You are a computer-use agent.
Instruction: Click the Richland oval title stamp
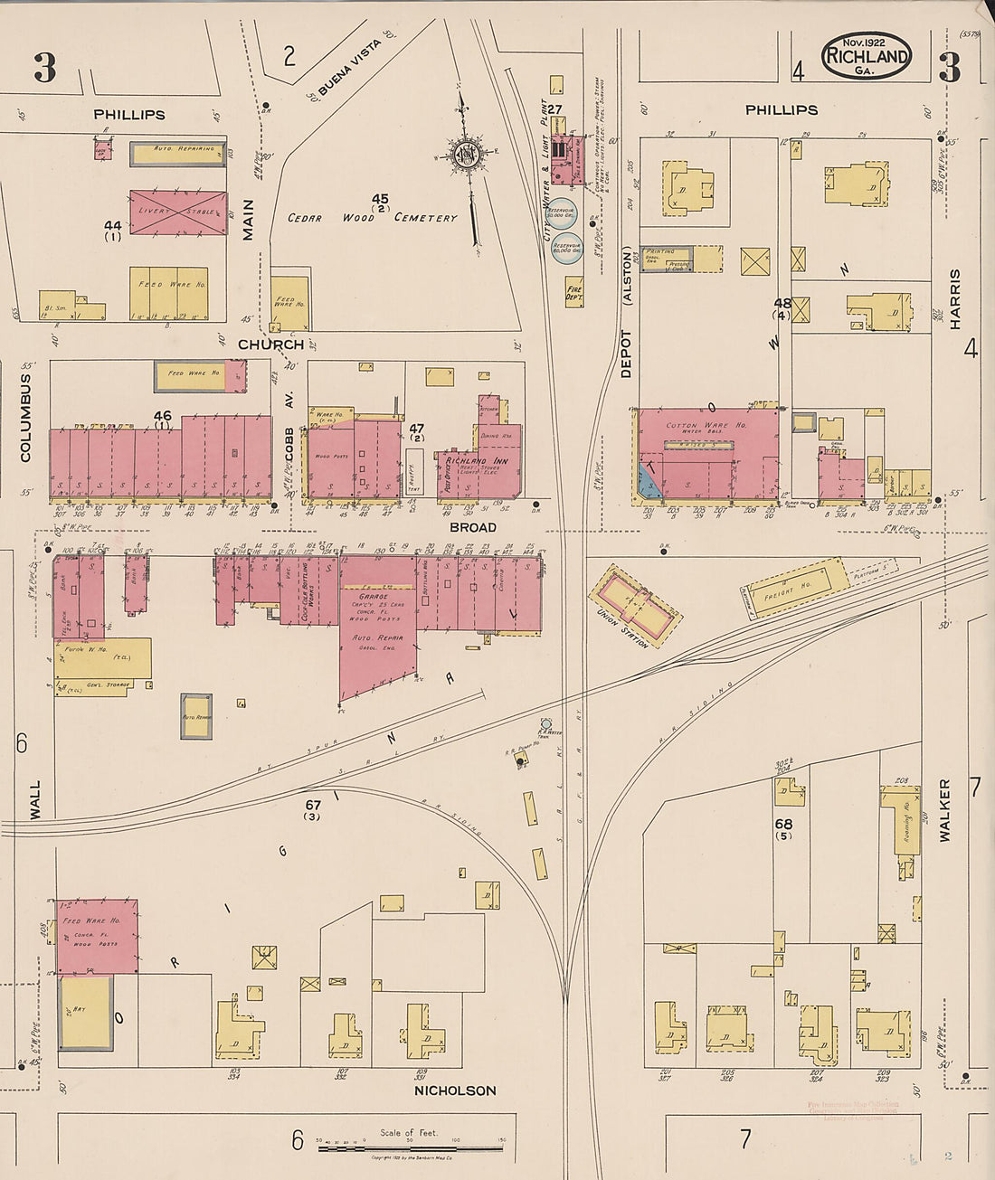(866, 56)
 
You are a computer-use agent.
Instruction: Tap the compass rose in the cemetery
(468, 155)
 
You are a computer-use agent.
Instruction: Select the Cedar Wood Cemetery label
(373, 217)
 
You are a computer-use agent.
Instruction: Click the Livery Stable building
(177, 212)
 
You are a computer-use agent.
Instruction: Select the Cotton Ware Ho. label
(706, 425)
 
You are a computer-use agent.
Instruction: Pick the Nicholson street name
(455, 1090)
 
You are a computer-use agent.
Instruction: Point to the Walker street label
(944, 811)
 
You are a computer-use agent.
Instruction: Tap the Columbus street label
(25, 418)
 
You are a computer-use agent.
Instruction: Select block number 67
(313, 804)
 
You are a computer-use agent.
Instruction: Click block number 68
(783, 824)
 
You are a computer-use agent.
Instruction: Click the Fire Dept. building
(573, 291)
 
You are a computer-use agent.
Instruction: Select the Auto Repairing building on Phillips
(177, 153)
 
